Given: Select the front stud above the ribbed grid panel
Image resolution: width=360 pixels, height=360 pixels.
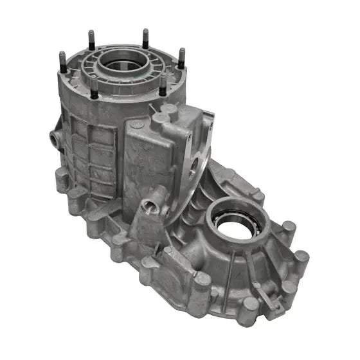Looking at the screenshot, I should point(94,88).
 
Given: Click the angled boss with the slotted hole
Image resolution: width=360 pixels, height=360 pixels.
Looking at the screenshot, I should point(150,207).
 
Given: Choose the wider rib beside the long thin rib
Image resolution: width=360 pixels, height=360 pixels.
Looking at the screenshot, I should point(254,264).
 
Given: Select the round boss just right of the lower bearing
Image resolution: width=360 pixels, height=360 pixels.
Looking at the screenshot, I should point(288,228).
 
